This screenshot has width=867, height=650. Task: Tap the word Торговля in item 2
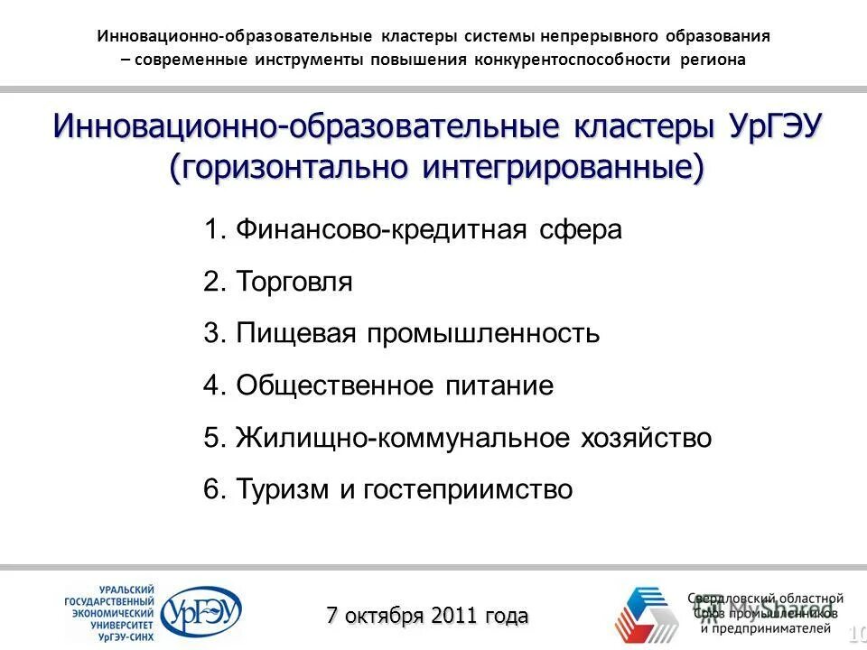coord(294,282)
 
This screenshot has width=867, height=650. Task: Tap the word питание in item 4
coord(500,386)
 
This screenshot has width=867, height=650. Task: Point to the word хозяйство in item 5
coord(647,439)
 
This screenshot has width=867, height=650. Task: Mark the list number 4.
coord(214,386)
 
